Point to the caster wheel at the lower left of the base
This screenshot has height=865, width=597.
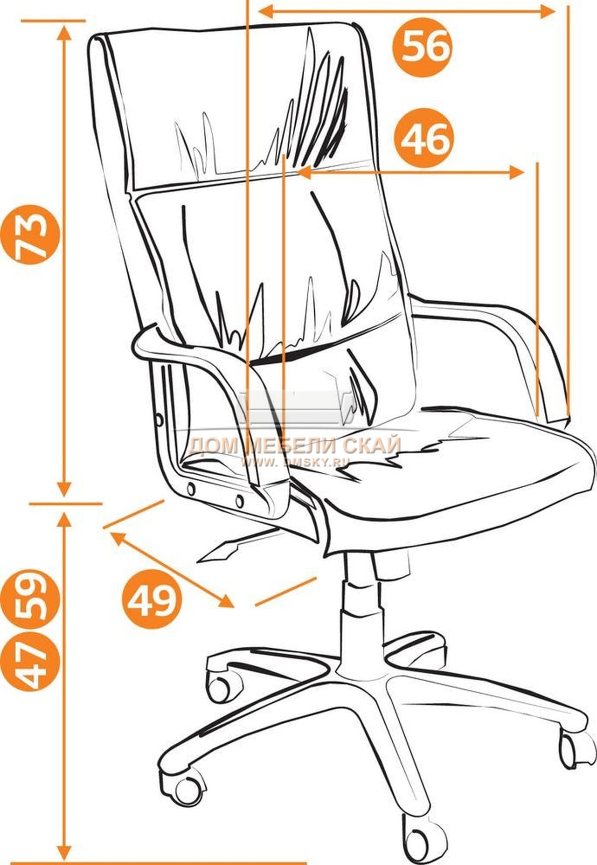(x=185, y=788)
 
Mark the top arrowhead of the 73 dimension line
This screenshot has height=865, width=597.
(x=64, y=33)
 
